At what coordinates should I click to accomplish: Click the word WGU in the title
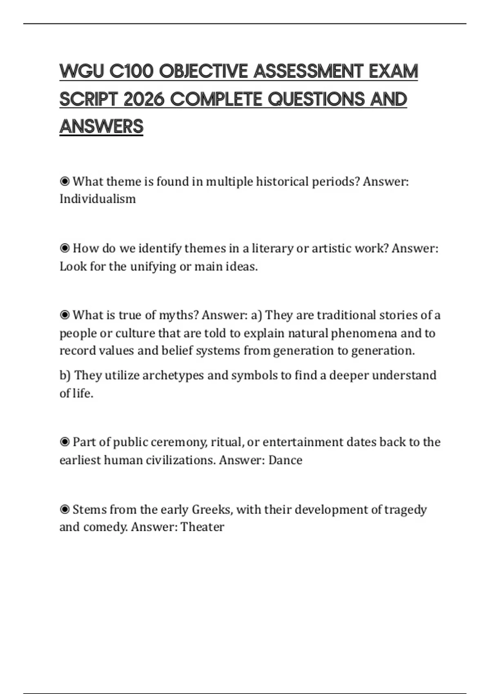point(81,71)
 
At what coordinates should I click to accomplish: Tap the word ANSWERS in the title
point(101,127)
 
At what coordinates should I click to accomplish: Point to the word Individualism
point(98,199)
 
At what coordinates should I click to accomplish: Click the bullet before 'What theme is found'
point(65,181)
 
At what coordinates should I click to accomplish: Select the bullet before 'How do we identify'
point(65,248)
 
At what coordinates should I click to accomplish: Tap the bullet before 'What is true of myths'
point(65,315)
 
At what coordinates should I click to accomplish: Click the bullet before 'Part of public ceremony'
point(65,442)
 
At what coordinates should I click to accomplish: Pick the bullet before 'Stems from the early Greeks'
point(65,509)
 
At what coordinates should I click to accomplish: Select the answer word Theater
point(203,527)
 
